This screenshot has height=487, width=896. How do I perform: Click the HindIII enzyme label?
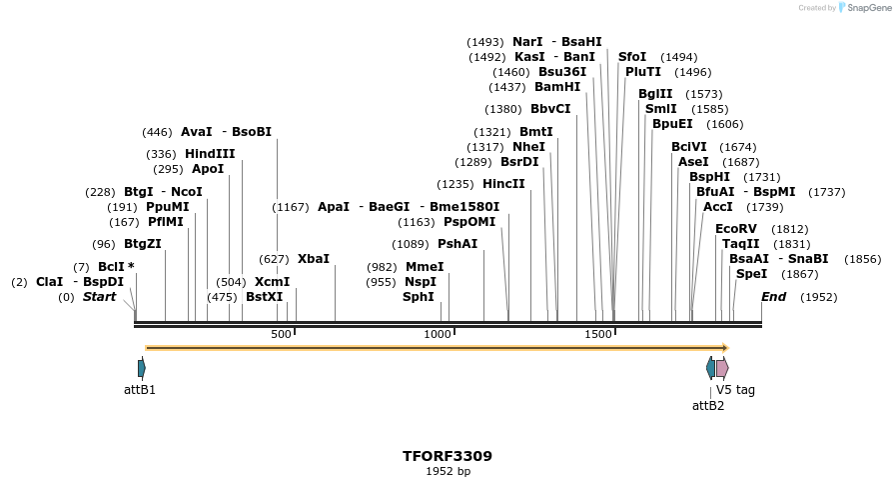tap(210, 154)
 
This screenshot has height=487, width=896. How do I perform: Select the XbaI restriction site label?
tap(313, 259)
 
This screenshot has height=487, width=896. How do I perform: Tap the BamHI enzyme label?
tap(557, 87)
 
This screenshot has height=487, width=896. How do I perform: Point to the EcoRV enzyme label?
tap(736, 229)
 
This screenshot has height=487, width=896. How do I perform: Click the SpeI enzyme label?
tap(751, 274)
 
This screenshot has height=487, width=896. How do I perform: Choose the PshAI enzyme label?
tap(457, 244)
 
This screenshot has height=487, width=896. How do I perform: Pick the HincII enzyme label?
tap(503, 184)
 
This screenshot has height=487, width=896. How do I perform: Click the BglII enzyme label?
tap(655, 94)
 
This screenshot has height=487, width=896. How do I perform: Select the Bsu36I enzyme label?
tap(561, 72)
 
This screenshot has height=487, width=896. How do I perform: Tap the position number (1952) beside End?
tap(818, 297)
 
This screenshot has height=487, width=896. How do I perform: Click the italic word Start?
tap(99, 297)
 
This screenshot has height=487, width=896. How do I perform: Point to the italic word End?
tap(774, 297)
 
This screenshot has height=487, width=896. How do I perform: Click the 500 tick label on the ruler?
tap(281, 334)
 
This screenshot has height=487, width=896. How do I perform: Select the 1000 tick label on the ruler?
tap(438, 334)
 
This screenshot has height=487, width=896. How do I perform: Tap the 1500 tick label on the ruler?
tap(597, 334)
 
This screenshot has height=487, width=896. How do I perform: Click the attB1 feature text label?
tap(140, 390)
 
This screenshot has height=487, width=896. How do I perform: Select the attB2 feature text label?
tap(708, 405)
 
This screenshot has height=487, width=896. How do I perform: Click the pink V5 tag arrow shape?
tap(721, 368)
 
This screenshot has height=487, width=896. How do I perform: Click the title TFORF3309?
tap(448, 456)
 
